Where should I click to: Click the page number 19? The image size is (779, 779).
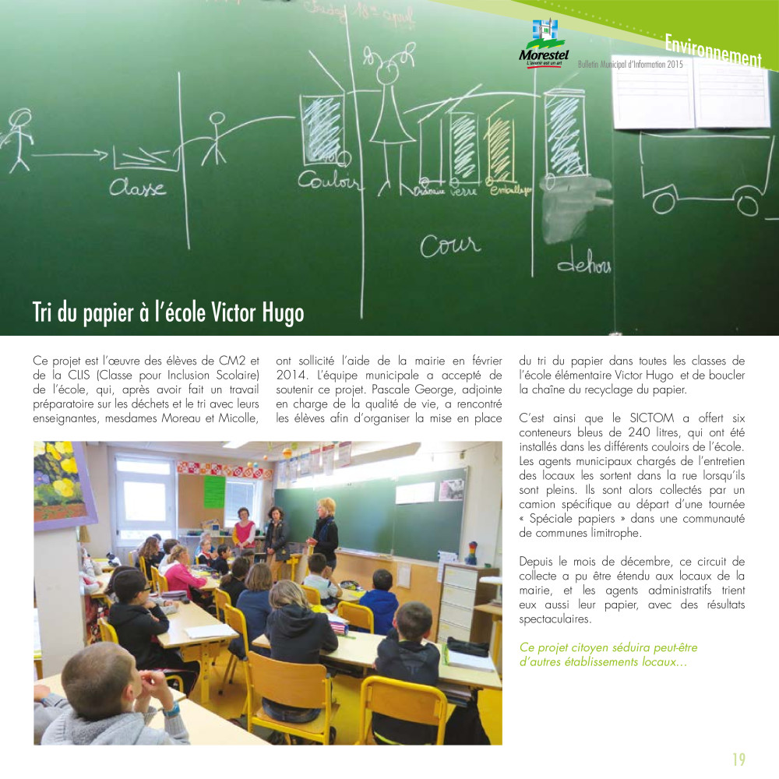click(x=738, y=760)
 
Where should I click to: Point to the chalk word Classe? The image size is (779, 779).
click(x=137, y=188)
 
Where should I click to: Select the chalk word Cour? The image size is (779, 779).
click(x=449, y=246)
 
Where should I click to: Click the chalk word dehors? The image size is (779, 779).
click(x=583, y=265)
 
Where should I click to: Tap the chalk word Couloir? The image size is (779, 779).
click(x=330, y=181)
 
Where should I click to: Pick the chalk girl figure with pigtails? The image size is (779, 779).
click(x=390, y=109)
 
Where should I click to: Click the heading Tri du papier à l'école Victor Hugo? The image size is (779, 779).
click(x=168, y=312)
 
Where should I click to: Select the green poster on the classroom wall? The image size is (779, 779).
click(x=214, y=492)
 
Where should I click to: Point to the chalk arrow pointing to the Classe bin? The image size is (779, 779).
click(x=70, y=154)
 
